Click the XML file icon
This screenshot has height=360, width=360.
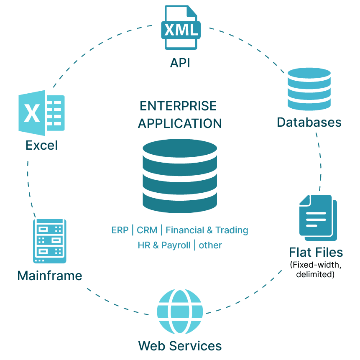click(180, 28)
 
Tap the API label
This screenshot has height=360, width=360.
click(180, 63)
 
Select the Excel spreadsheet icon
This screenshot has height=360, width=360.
click(41, 113)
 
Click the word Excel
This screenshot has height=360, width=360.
click(42, 145)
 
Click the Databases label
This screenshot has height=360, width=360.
click(309, 122)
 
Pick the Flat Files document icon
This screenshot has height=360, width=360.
click(318, 217)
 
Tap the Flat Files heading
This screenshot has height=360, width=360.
click(316, 252)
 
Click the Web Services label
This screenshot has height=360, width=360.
click(180, 346)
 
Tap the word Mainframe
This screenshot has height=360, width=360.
click(50, 276)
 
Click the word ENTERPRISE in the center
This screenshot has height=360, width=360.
click(179, 106)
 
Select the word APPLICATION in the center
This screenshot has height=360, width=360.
click(180, 123)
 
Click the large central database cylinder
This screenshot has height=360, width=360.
click(180, 176)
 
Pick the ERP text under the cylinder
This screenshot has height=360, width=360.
click(120, 230)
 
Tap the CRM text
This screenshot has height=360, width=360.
click(147, 230)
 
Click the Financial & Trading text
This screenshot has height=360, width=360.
click(207, 230)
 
